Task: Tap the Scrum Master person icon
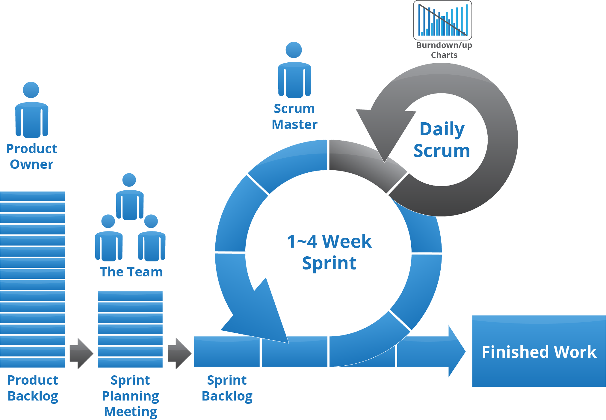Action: pos(294,70)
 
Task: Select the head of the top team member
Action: pos(129,180)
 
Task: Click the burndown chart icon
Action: pos(442,20)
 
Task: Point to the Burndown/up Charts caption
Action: pos(444,50)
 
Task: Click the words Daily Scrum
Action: pos(442,140)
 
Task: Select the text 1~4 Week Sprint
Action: pos(329,252)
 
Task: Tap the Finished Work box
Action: pos(539,351)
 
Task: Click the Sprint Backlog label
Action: pos(227,388)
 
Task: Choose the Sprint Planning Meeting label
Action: pos(130,396)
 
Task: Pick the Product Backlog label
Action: pos(33,388)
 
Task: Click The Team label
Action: pos(131,272)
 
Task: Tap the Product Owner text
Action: pos(32,156)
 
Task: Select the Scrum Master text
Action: pos(294,117)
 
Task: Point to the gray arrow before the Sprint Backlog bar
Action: pos(179,353)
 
